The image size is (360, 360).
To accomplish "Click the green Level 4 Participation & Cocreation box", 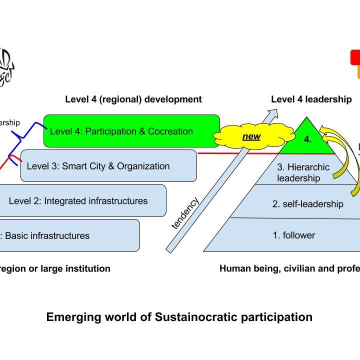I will coord(131,131).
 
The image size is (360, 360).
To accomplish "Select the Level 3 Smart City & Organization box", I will coord(108,165).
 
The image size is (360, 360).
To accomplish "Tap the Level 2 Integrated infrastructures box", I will coord(82,200).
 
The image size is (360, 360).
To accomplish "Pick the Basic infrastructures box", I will coord(69,235).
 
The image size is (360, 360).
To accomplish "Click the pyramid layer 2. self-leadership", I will coord(307,203).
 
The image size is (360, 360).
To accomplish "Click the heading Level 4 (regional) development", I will coord(133,99).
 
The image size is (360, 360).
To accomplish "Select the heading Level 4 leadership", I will coord(311,99).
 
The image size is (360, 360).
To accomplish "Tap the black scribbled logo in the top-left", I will coord(6,67).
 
